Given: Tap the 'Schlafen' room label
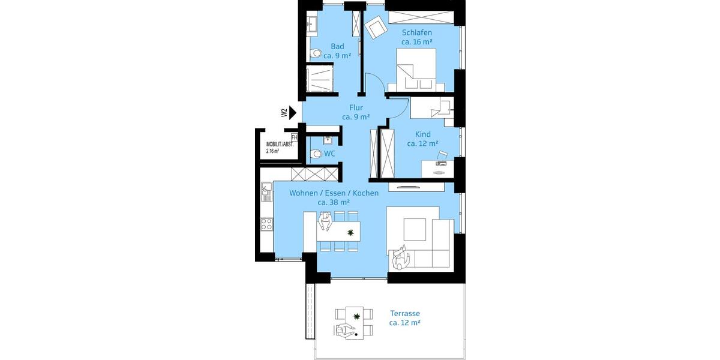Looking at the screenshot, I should (417, 32).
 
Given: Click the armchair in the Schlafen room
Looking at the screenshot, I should (377, 27).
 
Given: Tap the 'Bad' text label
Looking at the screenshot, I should (337, 46).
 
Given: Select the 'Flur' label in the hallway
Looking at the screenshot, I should (356, 108).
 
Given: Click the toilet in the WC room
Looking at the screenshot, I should (317, 154).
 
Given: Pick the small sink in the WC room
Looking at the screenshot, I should (327, 140).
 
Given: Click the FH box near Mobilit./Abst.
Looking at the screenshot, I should (294, 137).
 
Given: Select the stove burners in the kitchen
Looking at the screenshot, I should (266, 224).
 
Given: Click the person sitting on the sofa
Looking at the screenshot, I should (400, 260).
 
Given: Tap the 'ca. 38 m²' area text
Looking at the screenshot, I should (334, 203).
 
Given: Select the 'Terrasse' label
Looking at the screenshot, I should (404, 313).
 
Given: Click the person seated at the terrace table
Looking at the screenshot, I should (345, 331).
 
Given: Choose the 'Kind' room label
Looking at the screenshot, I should (422, 134).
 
